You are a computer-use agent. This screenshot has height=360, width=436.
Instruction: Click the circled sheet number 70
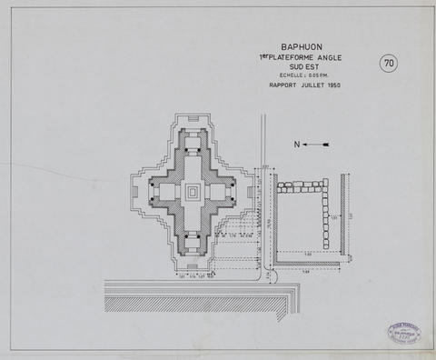coord(389,63)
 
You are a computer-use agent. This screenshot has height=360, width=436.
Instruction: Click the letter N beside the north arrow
coord(297,144)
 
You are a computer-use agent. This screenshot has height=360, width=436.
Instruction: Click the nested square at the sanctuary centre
coord(192,192)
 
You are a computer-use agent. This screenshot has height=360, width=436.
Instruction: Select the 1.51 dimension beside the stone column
coord(334,218)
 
